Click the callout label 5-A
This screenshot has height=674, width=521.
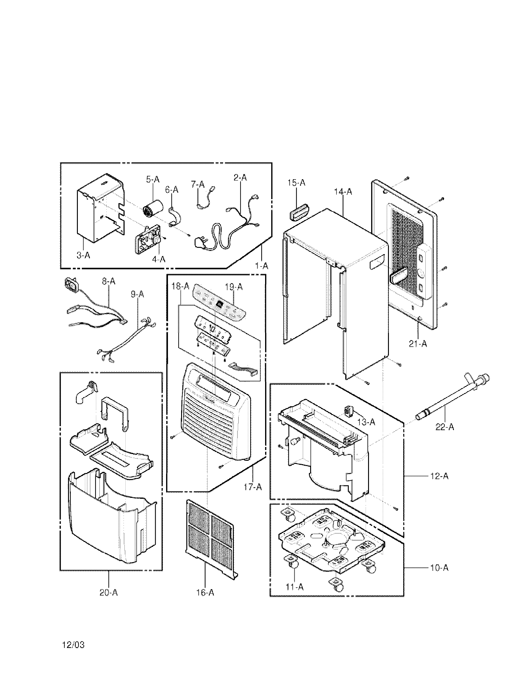(153, 180)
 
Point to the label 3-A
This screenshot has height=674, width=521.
(83, 255)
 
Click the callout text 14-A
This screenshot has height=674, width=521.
(343, 192)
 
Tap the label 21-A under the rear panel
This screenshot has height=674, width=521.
(418, 343)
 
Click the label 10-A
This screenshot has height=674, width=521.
(439, 567)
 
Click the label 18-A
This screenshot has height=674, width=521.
(180, 286)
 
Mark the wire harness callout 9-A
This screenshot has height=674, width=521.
(137, 294)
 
